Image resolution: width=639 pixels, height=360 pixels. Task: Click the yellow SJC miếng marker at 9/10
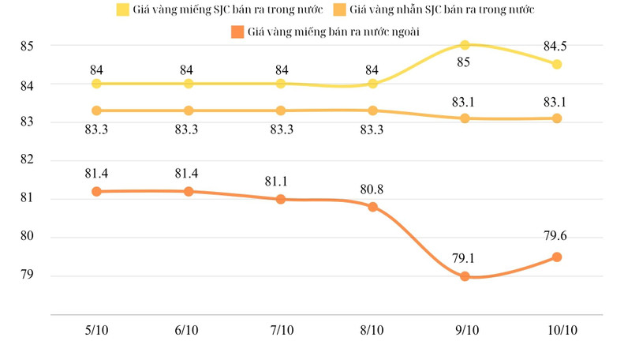pos(465,45)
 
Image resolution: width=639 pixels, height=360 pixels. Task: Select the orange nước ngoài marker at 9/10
pos(465,276)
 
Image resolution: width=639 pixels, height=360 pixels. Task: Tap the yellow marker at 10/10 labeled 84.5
pos(557,64)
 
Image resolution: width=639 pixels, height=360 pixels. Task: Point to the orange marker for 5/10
pos(96,191)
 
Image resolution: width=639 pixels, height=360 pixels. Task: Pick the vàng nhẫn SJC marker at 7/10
pos(280,111)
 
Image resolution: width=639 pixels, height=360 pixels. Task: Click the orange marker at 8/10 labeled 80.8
pos(372,207)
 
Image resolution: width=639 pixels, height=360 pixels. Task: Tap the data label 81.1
pos(280,182)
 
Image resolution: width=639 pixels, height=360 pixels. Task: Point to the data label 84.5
pos(557,46)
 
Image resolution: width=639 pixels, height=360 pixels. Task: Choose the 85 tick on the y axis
pos(27,46)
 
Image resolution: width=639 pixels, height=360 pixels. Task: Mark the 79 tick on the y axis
pos(27,276)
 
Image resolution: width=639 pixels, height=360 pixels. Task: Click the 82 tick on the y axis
pos(27,160)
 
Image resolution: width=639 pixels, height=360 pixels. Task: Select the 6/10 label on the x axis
pos(188,330)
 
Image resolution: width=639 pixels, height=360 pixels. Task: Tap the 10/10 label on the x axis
pos(557,330)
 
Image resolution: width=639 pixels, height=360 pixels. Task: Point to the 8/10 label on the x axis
pos(372,330)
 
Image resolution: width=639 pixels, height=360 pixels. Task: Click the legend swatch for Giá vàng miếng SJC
pos(123,10)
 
